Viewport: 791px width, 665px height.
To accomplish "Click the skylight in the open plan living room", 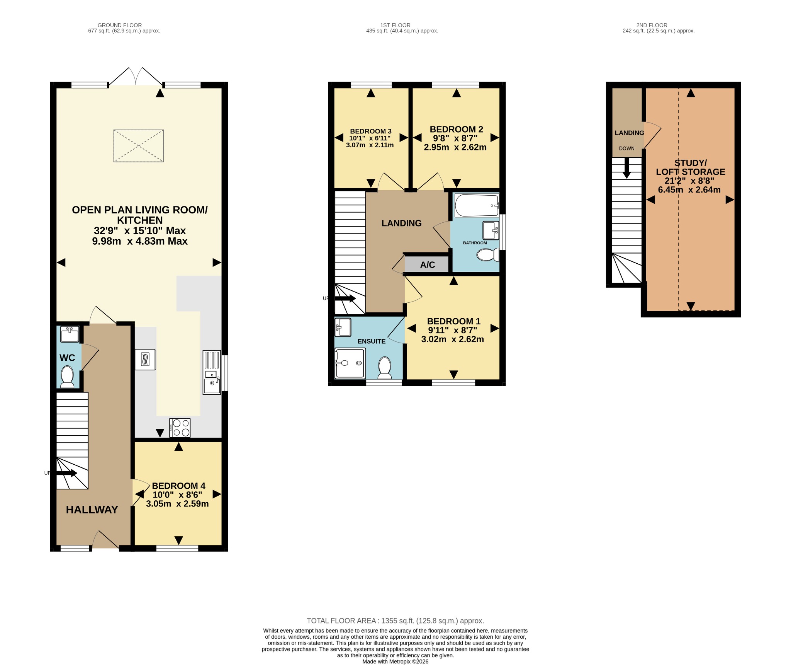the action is [138, 146].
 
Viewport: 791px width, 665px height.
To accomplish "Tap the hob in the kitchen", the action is [180, 428].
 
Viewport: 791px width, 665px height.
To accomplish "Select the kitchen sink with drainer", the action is [212, 372].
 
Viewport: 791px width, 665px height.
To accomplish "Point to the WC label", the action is [67, 358].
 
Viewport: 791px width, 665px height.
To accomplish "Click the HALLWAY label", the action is [92, 510].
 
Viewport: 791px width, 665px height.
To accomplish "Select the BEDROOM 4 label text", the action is [178, 486].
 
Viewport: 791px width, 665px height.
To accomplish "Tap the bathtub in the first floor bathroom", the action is [477, 205].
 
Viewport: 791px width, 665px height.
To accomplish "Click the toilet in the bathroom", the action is [488, 255].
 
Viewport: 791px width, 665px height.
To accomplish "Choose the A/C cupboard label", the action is [428, 265].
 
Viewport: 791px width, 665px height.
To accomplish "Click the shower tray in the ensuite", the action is [350, 363].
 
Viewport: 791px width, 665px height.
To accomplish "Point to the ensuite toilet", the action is [385, 368].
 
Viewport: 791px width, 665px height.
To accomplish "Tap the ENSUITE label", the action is [372, 341].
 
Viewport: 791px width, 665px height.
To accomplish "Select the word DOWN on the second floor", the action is [626, 148].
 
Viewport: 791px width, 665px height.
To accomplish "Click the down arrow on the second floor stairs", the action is [626, 168].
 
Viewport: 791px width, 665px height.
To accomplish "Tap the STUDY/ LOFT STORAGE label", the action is [691, 167].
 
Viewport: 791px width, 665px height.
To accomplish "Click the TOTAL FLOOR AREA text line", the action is [395, 621].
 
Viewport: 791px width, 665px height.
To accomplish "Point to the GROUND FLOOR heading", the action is [120, 25].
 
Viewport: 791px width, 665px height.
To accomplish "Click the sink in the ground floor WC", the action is [70, 334].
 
